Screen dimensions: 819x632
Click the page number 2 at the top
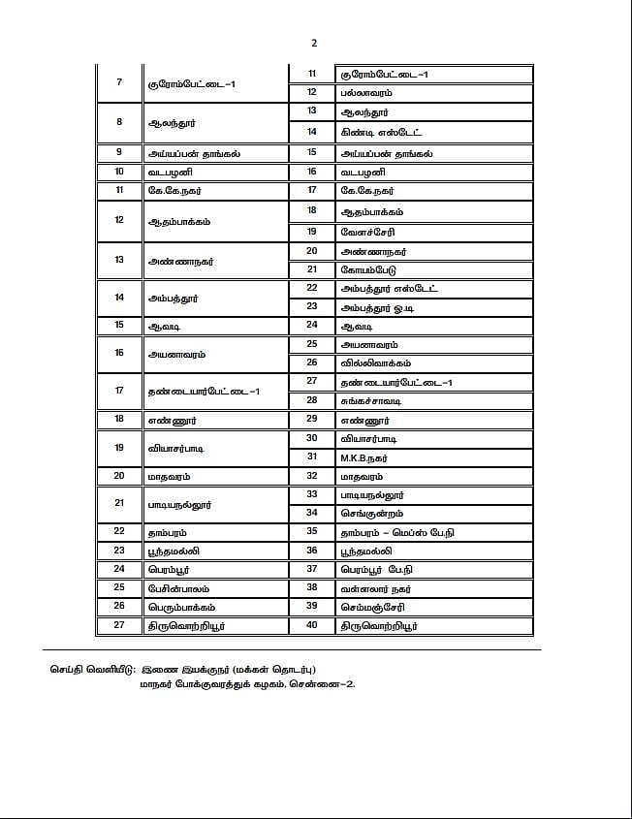pos(314,44)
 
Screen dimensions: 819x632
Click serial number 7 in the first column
pos(119,82)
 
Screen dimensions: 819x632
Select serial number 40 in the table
pos(312,625)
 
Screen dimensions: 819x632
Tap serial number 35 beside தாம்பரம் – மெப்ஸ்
pos(312,531)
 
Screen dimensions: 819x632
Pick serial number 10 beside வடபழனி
pos(119,172)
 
